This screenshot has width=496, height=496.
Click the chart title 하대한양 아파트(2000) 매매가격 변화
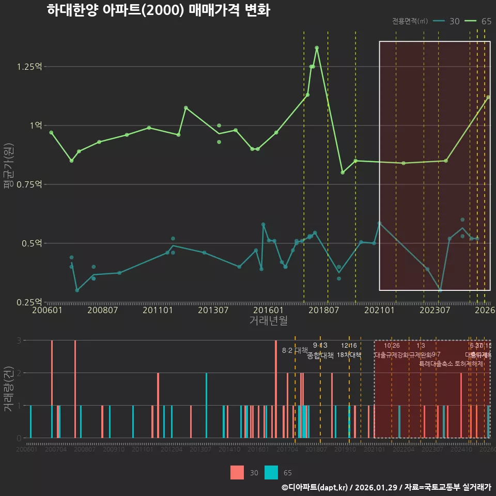click(158, 10)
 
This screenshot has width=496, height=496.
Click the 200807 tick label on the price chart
click(102, 311)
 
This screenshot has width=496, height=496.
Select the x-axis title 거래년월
click(268, 321)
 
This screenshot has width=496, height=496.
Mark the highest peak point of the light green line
click(317, 48)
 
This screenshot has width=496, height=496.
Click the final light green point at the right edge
click(488, 97)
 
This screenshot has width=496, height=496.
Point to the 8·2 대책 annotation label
click(295, 350)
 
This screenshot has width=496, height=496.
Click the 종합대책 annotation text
click(320, 355)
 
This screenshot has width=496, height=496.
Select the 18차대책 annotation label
click(349, 355)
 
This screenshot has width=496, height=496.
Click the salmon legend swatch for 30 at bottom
click(237, 472)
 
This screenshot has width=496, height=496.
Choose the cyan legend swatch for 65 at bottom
click(271, 472)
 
